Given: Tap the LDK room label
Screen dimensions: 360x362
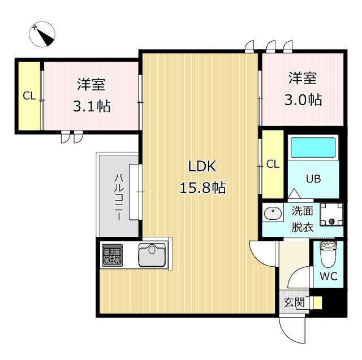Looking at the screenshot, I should [x=202, y=167].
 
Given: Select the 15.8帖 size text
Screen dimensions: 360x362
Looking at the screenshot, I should [x=202, y=188].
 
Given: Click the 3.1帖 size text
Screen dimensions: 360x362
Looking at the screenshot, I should [x=91, y=106].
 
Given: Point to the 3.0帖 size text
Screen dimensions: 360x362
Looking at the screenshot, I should [x=303, y=99].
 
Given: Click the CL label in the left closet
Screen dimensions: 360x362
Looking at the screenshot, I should [x=29, y=96].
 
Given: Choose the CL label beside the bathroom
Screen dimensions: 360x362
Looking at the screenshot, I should [x=273, y=164].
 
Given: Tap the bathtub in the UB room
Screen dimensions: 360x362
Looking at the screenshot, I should [x=313, y=148].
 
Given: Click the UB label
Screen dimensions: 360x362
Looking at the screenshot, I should [x=313, y=179].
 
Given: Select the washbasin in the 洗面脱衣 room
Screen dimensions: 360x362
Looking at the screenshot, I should [x=273, y=215].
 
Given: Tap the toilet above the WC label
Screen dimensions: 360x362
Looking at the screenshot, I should [x=328, y=256].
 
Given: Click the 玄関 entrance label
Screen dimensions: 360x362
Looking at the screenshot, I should [x=294, y=302].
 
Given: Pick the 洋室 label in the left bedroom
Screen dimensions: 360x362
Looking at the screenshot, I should [x=91, y=85].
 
